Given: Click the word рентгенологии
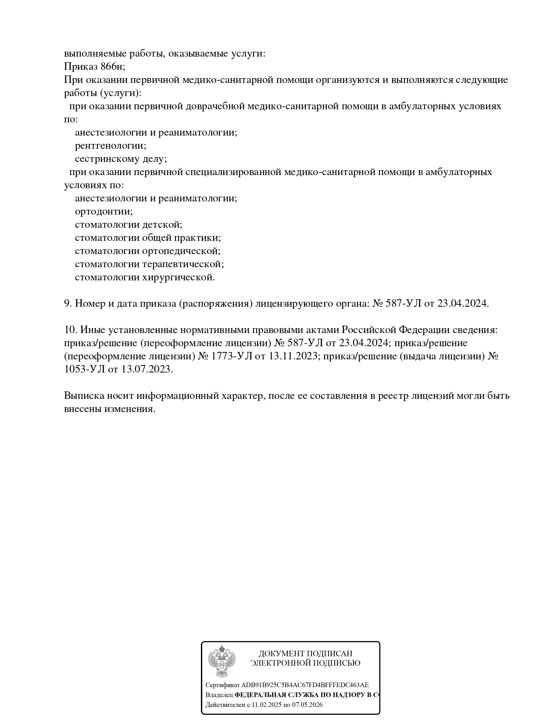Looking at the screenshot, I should point(110,146).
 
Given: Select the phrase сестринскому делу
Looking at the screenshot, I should point(120,159).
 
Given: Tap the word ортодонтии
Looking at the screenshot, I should point(103,211).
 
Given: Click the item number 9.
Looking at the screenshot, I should point(68,303).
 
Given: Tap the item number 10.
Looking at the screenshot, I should point(70,330).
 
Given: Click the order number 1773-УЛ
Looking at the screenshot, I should point(232,356).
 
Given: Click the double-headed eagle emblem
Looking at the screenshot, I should point(222,661).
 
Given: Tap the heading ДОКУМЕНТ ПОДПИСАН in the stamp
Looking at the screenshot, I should point(305,654).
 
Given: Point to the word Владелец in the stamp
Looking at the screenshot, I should point(219,695).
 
